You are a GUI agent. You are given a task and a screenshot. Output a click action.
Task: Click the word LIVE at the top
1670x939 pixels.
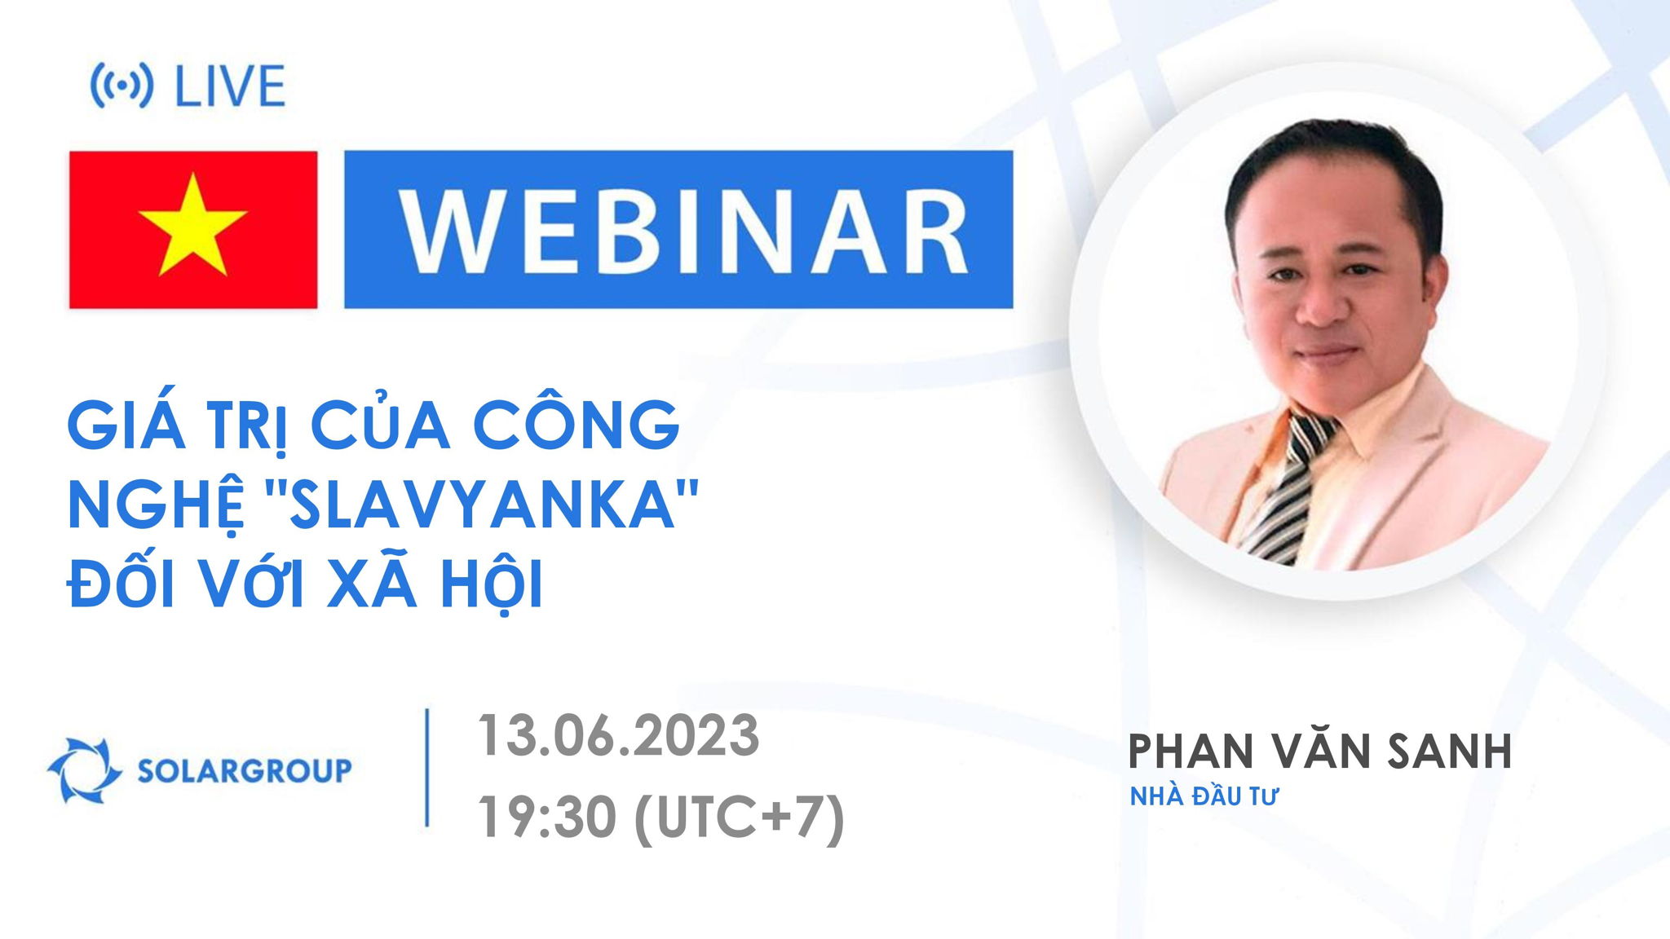(231, 86)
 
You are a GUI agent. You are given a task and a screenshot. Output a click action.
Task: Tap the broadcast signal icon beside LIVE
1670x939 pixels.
(121, 86)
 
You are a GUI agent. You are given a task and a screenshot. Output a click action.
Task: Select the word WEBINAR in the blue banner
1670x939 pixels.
(678, 229)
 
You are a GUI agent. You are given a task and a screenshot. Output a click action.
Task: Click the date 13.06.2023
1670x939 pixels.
(618, 735)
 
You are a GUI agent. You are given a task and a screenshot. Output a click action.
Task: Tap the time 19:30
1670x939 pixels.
(547, 818)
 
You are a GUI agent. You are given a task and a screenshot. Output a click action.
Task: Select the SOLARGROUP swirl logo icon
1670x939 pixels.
(83, 769)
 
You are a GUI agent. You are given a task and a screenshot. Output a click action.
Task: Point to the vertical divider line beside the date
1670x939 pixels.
(427, 768)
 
